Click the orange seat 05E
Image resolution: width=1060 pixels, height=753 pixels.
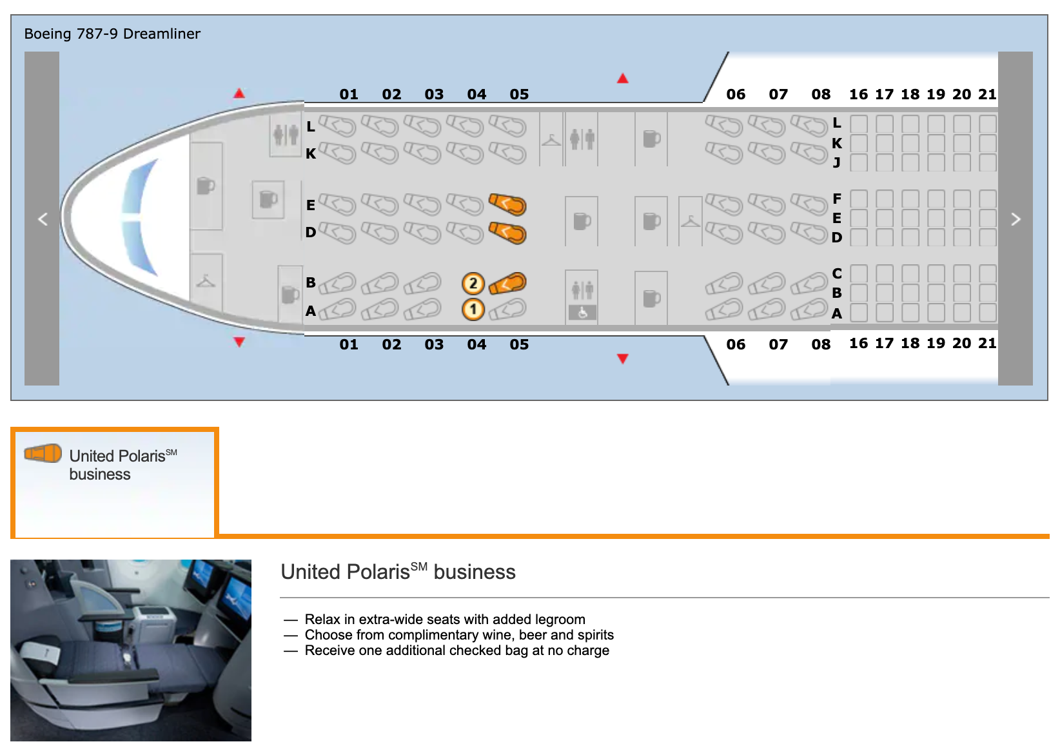pos(508,204)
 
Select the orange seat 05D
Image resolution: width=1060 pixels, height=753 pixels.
pos(508,232)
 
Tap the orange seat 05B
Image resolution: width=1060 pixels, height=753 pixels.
pos(508,283)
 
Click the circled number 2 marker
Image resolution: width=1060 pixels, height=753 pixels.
pos(473,284)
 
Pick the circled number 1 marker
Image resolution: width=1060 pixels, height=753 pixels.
pos(473,310)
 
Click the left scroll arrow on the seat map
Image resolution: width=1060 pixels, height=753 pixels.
pos(42,219)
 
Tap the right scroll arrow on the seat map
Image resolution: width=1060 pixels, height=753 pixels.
pos(1016,219)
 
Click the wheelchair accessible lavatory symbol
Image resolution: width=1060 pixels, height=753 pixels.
pos(582,313)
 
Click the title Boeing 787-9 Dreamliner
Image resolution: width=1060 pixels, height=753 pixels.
pos(112,34)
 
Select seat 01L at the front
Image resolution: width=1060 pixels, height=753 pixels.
pos(337,126)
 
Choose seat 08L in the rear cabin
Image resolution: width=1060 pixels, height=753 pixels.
pos(809,126)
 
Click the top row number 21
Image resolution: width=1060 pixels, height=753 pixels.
pos(987,94)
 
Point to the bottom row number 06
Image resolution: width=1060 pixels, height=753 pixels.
pos(736,344)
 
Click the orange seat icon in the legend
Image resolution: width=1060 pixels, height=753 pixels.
pos(43,453)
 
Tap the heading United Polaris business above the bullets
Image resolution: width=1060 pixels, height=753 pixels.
pos(398,572)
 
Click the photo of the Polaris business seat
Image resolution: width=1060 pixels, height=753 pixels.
pos(131,650)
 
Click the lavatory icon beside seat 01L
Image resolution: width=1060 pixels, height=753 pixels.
pos(286,135)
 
